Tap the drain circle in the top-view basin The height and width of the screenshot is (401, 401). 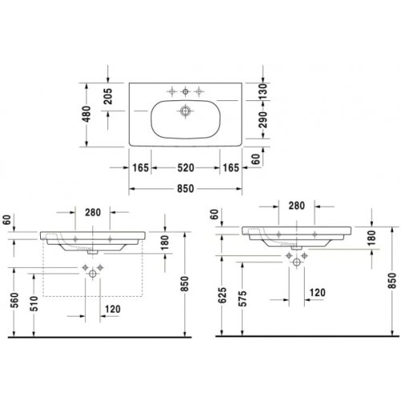tap(185, 111)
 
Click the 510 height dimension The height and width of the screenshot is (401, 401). tap(34, 304)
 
